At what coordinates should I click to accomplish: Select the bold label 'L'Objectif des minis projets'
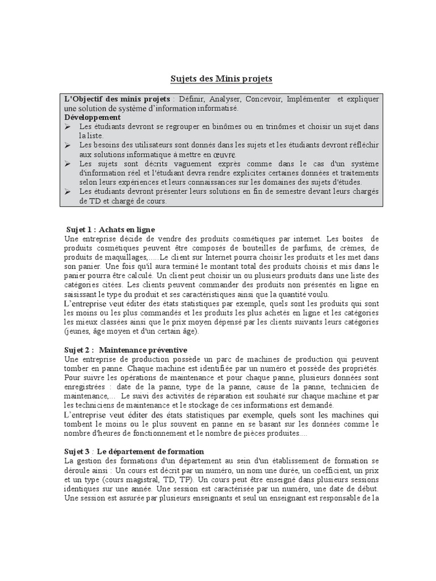coord(110,99)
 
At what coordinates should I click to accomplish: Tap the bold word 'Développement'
coord(93,117)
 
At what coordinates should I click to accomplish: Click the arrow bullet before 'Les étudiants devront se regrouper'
coord(68,127)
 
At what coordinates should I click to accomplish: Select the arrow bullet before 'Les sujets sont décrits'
coord(68,163)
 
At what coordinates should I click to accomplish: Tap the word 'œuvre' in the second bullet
coord(227,154)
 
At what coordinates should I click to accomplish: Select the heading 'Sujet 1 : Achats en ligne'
coord(110,230)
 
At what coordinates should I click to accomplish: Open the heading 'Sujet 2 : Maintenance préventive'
coord(126,350)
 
